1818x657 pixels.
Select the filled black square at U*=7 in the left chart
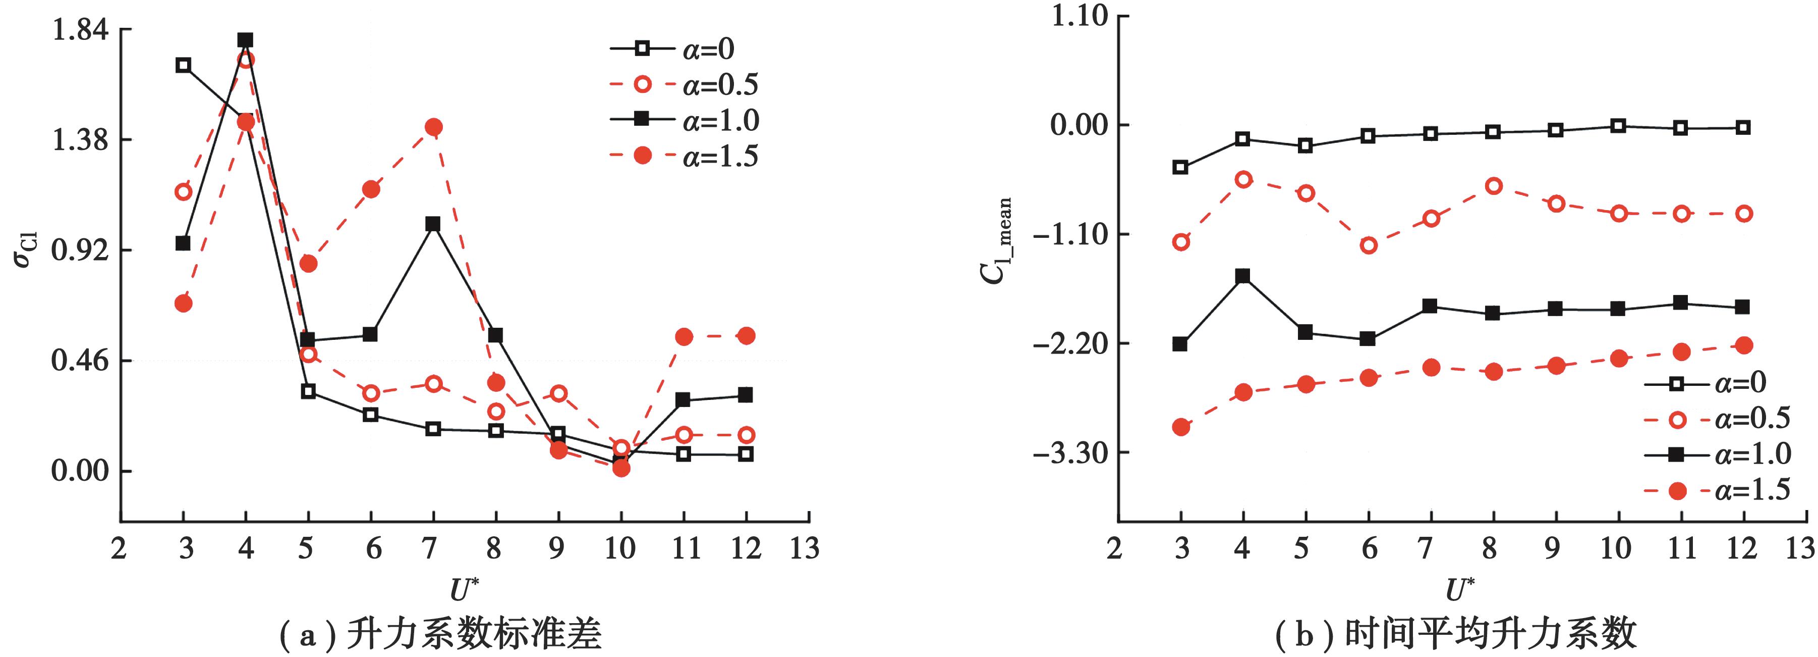point(433,224)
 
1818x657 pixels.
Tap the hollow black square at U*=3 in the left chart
point(184,65)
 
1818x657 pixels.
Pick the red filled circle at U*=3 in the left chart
point(184,303)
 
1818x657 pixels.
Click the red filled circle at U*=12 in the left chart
point(746,335)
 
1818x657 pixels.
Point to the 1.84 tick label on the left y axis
point(80,30)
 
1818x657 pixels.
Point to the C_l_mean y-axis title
point(997,240)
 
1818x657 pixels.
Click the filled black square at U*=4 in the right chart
point(1243,276)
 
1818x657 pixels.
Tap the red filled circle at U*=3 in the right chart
point(1181,427)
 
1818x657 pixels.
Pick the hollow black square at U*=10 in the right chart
point(1619,126)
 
